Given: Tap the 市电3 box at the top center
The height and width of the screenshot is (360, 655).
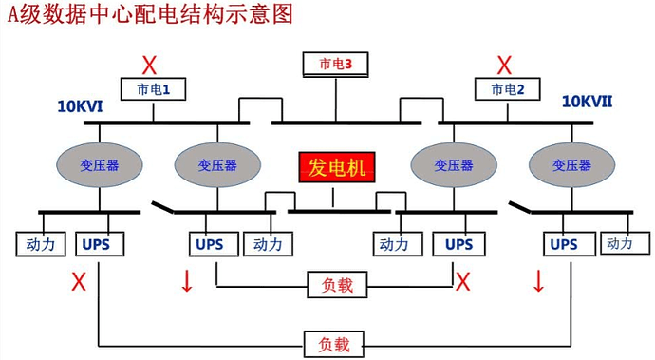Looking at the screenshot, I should pos(334,65).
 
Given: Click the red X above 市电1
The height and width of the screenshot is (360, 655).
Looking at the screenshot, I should pos(150,66).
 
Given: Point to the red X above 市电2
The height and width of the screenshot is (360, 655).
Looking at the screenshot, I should pos(505,66).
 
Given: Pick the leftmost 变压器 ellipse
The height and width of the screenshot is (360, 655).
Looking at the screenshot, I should pos(100,164).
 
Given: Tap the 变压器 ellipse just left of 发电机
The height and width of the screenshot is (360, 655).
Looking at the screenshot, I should pos(216,164).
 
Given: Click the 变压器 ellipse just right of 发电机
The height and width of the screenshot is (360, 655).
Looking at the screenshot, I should pos(453,164).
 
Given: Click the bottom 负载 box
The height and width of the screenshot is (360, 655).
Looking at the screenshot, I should pos(333,343).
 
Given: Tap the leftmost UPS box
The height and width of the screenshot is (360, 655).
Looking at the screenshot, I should pos(96,244).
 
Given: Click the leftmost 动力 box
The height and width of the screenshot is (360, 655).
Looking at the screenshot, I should pos(41,244).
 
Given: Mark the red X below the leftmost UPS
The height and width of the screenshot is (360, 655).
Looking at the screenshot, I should pos(79,281).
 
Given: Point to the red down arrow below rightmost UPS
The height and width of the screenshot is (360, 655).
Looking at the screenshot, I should pos(539,281).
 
